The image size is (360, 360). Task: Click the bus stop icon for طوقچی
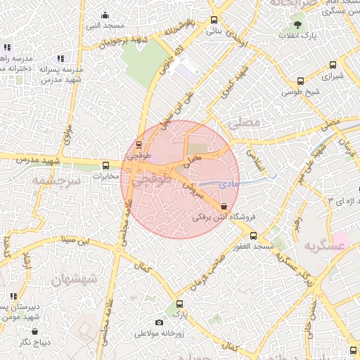[x=139, y=147]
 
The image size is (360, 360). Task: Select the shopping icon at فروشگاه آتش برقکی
[x=224, y=207]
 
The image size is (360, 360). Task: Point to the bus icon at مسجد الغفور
[x=254, y=236]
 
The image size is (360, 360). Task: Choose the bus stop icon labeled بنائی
[x=214, y=21]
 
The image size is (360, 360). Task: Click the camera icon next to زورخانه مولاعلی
[x=160, y=322]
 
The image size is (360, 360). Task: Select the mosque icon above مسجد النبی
[x=105, y=15]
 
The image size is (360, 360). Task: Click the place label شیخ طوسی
[x=301, y=92]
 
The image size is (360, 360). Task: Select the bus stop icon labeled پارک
[x=180, y=304]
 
